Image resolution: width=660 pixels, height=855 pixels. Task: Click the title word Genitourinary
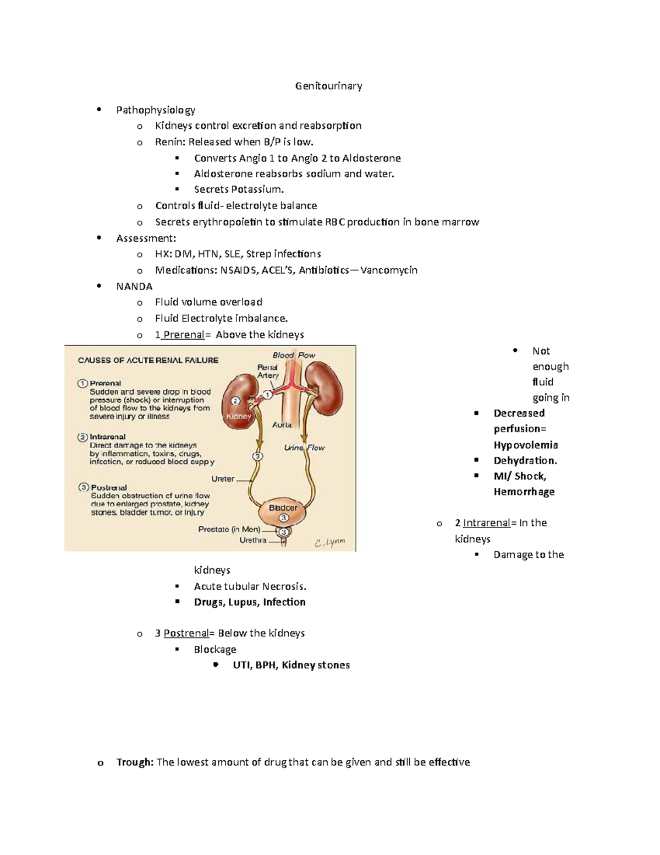point(328,86)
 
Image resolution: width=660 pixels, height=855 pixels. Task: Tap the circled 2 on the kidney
point(235,401)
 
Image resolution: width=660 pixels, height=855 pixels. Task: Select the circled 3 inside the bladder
point(283,518)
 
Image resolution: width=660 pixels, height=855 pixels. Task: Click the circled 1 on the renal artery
point(267,394)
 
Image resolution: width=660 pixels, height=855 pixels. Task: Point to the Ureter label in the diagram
point(223,479)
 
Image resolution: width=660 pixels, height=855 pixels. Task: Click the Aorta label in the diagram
point(282,425)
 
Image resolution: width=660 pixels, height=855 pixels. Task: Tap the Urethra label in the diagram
point(253,541)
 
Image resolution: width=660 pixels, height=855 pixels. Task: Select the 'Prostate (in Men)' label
point(229,530)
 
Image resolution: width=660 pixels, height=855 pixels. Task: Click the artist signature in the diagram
point(330,542)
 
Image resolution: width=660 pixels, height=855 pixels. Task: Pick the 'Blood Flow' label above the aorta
point(294,356)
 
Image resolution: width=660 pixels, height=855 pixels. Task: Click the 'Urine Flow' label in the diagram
point(304,448)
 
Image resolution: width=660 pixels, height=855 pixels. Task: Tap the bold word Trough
point(135,763)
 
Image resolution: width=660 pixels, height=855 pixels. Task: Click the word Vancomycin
point(389,270)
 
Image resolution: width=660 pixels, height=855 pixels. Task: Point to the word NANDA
point(134,286)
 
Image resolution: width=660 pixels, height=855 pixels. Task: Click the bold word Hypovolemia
point(526,445)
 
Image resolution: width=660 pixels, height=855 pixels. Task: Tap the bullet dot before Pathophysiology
point(99,110)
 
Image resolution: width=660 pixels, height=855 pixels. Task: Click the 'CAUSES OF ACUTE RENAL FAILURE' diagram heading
point(148,361)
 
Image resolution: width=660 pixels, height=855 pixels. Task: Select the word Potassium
point(257,189)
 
